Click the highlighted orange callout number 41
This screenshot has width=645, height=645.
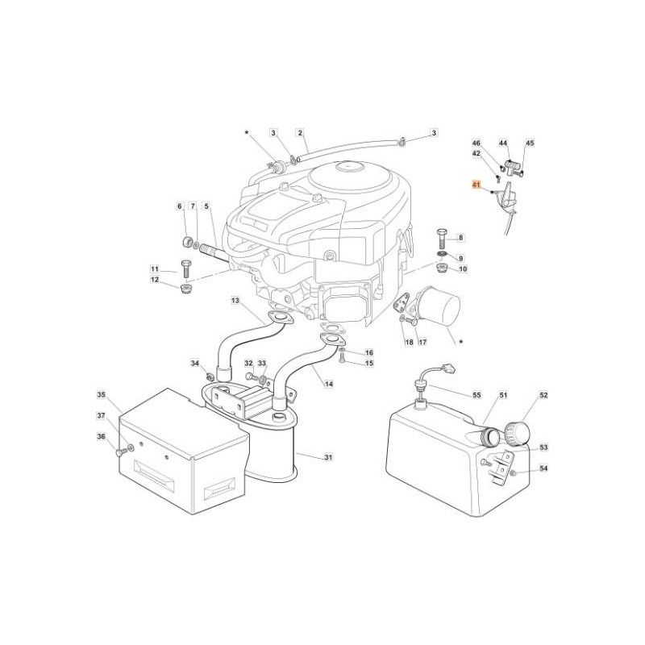476,185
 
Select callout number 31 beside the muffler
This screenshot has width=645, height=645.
328,458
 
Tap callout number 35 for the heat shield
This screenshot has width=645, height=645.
102,395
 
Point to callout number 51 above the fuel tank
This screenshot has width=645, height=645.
502,395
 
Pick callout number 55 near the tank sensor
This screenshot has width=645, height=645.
476,396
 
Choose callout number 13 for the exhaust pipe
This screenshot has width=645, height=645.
235,301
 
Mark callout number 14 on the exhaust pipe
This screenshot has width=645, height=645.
329,384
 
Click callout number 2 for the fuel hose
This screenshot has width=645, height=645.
299,132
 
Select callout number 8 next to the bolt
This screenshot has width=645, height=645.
461,237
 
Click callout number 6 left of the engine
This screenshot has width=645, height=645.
180,207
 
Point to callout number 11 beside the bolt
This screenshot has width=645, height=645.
154,268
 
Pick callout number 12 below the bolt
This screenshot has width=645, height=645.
154,280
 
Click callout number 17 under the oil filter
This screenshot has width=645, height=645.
422,343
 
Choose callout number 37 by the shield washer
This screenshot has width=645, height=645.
102,416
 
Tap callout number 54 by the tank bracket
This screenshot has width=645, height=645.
543,468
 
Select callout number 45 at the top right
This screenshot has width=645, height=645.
530,143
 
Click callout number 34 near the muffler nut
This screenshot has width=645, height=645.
194,364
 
